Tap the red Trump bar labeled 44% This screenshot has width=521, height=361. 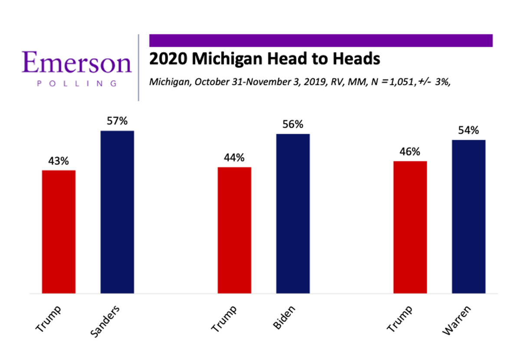pyautogui.click(x=234, y=230)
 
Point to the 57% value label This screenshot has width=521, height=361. pyautogui.click(x=117, y=121)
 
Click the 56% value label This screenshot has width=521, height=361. pyautogui.click(x=293, y=125)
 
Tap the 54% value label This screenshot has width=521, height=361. pyautogui.click(x=468, y=130)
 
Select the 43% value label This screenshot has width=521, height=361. pyautogui.click(x=59, y=161)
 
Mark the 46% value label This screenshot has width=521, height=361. pyautogui.click(x=410, y=152)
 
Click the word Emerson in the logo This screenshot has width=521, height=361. pyautogui.click(x=77, y=63)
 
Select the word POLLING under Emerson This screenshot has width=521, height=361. pyautogui.click(x=77, y=83)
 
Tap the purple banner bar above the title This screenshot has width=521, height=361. pyautogui.click(x=321, y=40)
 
